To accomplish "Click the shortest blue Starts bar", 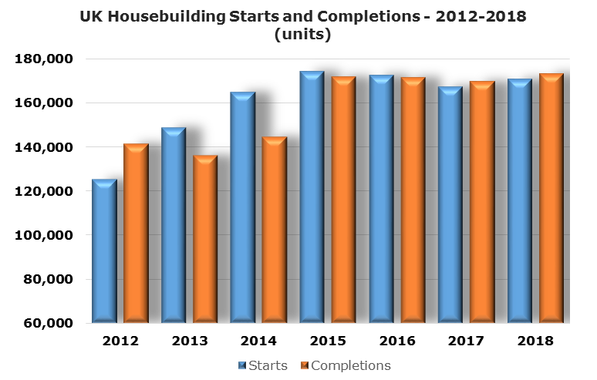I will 104,251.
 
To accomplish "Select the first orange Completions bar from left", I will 136,233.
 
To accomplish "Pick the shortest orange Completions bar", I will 205,239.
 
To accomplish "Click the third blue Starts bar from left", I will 242,207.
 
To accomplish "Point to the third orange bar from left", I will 275,230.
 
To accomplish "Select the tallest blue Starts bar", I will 312,197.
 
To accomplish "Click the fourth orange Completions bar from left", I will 343,200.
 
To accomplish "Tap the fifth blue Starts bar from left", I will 381,199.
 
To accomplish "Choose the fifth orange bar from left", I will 413,200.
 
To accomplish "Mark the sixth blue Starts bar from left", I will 450,205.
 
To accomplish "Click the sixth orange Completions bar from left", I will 482,202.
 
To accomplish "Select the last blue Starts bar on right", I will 519,201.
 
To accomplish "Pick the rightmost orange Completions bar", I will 551,198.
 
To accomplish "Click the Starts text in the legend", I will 268,365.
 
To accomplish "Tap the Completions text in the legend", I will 351,365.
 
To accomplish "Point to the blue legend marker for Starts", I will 243,365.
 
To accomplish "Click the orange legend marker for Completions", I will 304,365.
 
